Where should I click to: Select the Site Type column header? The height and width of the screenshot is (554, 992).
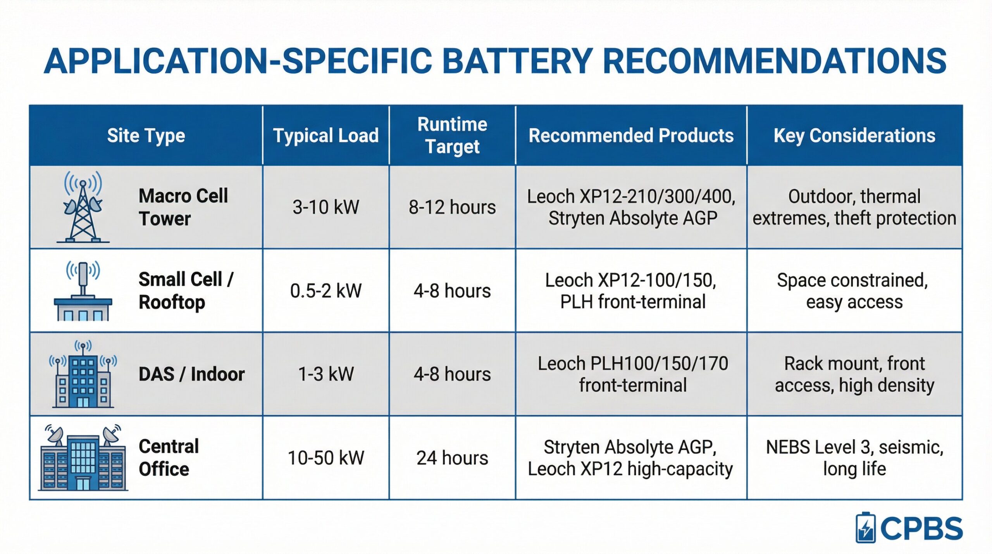coord(146,136)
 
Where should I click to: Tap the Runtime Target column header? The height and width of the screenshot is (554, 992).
coord(452,135)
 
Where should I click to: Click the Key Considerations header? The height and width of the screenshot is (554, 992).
coord(854,136)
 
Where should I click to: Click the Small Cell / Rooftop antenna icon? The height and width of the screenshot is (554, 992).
coord(83,291)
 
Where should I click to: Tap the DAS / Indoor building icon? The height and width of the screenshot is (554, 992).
coord(83,374)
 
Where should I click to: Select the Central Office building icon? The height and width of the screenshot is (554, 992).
coord(83,457)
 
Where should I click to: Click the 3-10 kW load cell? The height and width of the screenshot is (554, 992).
coord(326,207)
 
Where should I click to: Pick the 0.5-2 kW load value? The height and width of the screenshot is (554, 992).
coord(326,291)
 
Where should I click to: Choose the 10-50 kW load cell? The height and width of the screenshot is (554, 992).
coord(326,458)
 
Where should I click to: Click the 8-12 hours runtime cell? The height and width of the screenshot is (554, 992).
coord(452,207)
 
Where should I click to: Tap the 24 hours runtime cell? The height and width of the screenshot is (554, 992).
coord(452,458)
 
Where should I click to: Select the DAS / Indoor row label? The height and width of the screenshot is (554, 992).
coord(192,375)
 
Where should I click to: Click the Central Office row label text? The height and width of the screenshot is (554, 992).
coord(169,458)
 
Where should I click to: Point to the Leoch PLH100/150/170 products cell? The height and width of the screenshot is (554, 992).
coord(633,375)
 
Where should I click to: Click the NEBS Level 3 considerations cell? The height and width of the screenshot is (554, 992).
coord(854,458)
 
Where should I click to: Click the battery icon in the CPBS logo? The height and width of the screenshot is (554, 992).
coord(865,528)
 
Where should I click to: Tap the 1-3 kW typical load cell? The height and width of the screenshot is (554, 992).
coord(326,375)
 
